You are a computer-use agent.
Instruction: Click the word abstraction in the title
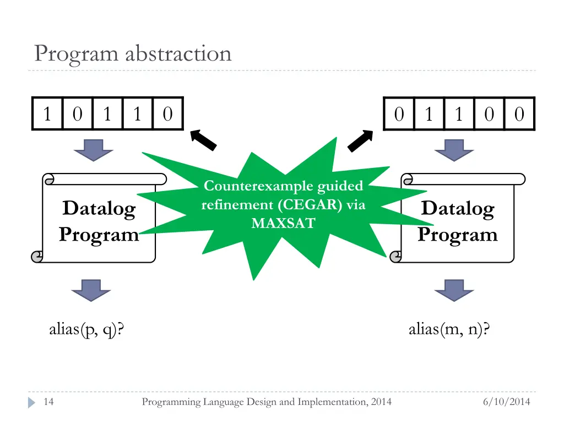pos(178,53)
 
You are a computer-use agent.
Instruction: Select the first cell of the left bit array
pos(47,113)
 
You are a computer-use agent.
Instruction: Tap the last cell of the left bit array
pos(168,113)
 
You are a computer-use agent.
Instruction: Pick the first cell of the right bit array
pos(399,114)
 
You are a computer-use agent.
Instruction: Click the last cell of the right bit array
pos(519,114)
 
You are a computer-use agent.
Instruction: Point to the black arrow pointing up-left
pos(203,140)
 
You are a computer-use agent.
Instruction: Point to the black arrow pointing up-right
pos(360,140)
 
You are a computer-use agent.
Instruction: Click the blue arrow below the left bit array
pos(94,150)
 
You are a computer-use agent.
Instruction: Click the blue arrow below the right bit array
pos(454,150)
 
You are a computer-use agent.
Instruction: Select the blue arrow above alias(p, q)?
pos(91,290)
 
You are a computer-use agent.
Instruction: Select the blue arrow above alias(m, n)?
pos(454,290)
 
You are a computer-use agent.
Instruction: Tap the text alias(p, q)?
pos(86,329)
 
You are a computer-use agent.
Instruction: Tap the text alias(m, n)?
pos(449,329)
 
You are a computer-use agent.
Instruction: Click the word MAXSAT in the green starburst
pos(284,224)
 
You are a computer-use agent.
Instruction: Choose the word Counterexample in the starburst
pos(259,186)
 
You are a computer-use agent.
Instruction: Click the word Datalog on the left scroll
pos(99,209)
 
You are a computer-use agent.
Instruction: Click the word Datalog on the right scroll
pos(458,209)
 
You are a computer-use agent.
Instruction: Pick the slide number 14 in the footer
pos(48,402)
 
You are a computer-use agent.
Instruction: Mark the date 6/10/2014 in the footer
pos(507,402)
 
